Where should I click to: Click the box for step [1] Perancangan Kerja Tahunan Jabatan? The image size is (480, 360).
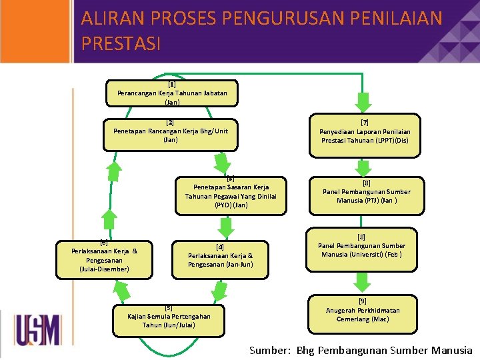tap(171, 93)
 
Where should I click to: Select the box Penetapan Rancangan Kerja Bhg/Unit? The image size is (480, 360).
tap(170, 131)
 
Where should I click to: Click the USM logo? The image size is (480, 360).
tap(37, 331)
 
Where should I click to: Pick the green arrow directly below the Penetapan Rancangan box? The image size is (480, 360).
tap(222, 161)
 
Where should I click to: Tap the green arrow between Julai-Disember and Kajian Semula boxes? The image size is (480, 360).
tap(122, 290)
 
